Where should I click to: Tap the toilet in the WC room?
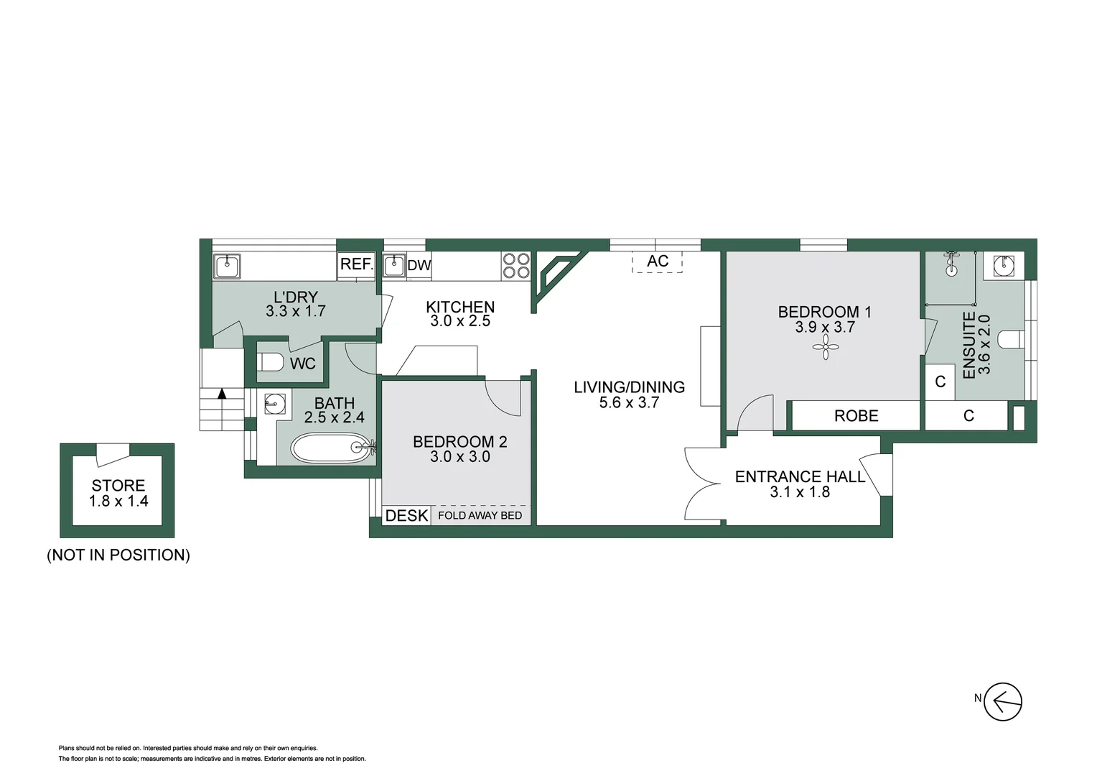coord(270,362)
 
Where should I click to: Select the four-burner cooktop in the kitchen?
coord(515,265)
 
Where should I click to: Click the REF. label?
coord(356,264)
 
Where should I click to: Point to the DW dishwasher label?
coord(419,265)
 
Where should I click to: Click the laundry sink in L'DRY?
coord(227,266)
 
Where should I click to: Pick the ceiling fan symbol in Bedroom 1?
coord(826,349)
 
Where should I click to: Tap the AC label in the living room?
coord(658,262)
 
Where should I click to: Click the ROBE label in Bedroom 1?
coord(856,416)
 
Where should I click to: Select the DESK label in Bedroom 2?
coord(406,516)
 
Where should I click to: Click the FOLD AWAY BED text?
coord(480,516)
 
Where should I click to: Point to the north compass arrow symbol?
coord(1002,701)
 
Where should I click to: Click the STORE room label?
coord(118,486)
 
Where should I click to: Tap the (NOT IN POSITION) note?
coord(118,555)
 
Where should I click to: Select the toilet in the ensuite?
coord(1011,339)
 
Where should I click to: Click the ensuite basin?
coord(1003,265)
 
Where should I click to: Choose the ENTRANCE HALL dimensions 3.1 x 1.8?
coord(800,492)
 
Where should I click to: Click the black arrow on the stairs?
coord(222,394)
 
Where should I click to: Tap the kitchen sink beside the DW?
coord(393,265)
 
